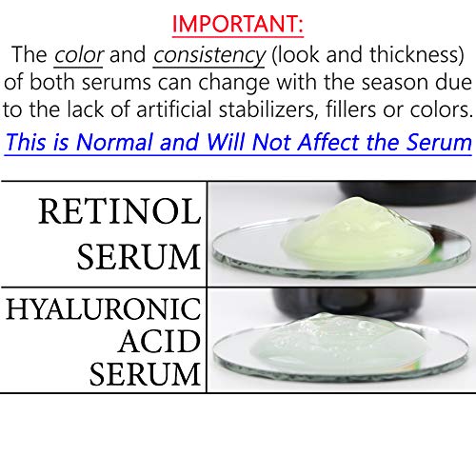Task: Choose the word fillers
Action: [354, 112]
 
